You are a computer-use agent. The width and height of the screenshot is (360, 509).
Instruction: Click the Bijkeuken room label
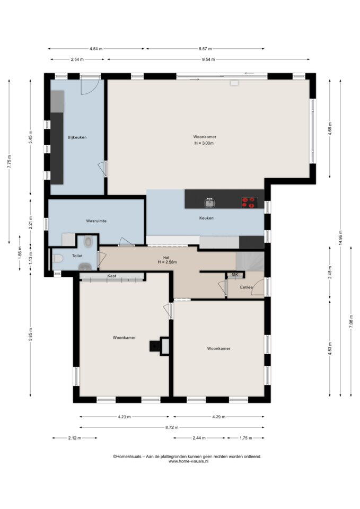[x=77, y=137]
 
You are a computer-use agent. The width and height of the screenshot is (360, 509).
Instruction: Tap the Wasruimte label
[x=96, y=221]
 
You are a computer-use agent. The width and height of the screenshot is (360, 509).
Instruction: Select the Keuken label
[x=206, y=218]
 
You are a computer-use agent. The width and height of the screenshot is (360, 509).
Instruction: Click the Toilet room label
[x=77, y=256]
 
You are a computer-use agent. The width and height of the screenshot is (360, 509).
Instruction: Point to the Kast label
[x=112, y=276]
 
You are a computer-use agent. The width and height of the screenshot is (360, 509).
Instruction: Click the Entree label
[x=246, y=287]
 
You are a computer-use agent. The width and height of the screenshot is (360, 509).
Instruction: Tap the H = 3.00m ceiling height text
[x=204, y=143]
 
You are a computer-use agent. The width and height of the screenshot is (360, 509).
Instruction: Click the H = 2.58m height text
[x=168, y=262]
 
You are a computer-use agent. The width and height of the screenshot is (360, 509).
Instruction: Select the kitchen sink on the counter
[x=210, y=203]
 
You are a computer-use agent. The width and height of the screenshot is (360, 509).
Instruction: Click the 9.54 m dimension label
[x=208, y=59]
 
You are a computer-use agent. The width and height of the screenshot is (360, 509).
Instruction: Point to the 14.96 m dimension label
[x=340, y=239]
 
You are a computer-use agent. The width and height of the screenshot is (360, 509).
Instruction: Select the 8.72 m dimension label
[x=172, y=427]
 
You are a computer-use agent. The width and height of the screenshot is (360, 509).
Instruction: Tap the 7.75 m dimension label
[x=9, y=161]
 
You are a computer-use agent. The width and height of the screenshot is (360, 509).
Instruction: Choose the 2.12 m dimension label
[x=75, y=438]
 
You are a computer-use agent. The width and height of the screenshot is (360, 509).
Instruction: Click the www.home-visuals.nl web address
[x=188, y=461]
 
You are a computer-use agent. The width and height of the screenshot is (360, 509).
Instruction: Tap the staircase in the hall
[x=250, y=261]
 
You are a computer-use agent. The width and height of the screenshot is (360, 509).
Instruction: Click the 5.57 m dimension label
[x=205, y=49]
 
